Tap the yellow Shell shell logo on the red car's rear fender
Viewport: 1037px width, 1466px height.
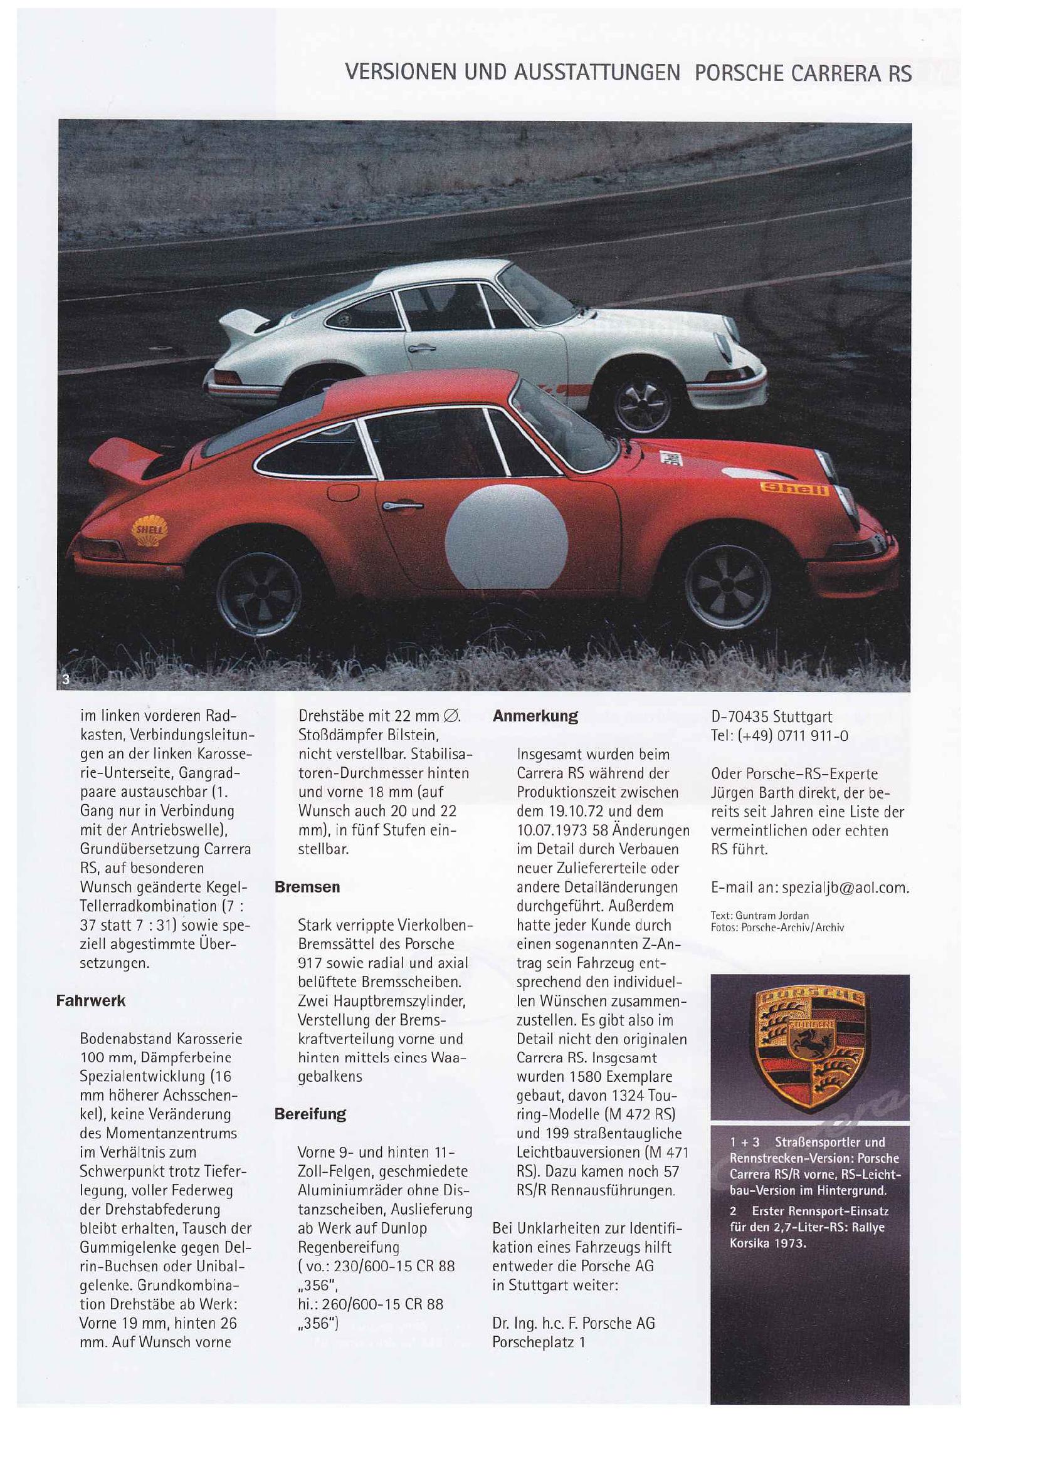[x=149, y=531]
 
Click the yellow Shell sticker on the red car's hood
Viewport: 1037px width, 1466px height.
[x=794, y=488]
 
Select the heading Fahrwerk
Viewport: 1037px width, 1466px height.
[x=91, y=1000]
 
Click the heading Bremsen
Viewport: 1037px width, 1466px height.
[x=307, y=887]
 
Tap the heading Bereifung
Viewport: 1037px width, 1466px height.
[x=310, y=1114]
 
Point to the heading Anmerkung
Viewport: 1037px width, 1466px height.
[x=535, y=716]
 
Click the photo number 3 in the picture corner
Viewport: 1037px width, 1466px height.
[x=65, y=679]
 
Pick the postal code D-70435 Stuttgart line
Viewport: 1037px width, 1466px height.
[x=771, y=716]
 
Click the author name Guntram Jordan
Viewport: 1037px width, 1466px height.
[x=772, y=915]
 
